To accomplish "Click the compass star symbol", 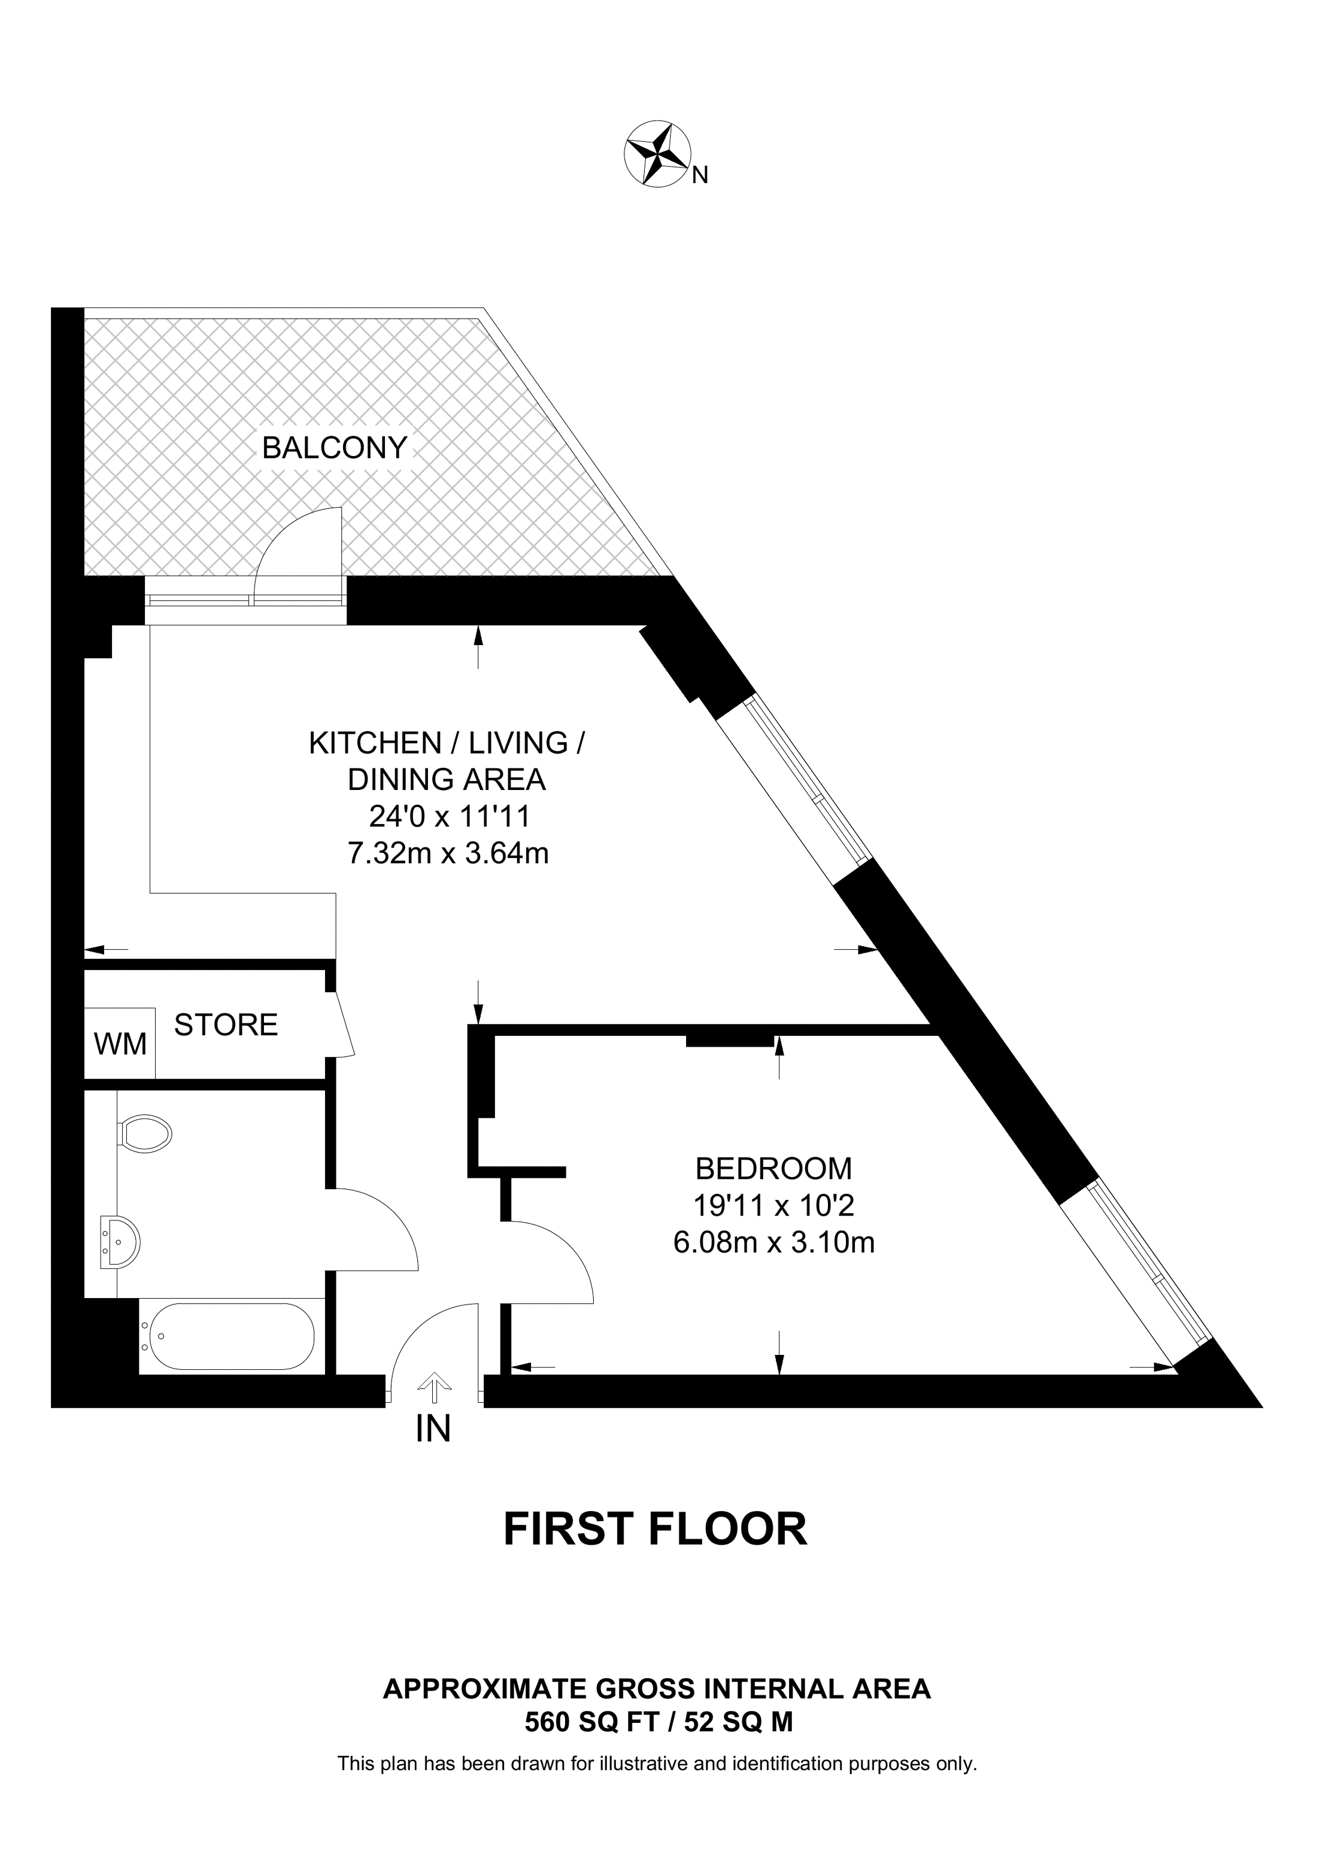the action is [657, 154].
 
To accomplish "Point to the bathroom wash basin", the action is [120, 1241].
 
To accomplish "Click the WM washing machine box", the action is [120, 1044].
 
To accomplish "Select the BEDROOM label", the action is [774, 1168].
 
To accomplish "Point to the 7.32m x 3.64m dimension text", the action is [448, 853].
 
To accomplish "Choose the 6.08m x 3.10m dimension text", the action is [774, 1243].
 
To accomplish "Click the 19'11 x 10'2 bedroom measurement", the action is [774, 1206].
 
